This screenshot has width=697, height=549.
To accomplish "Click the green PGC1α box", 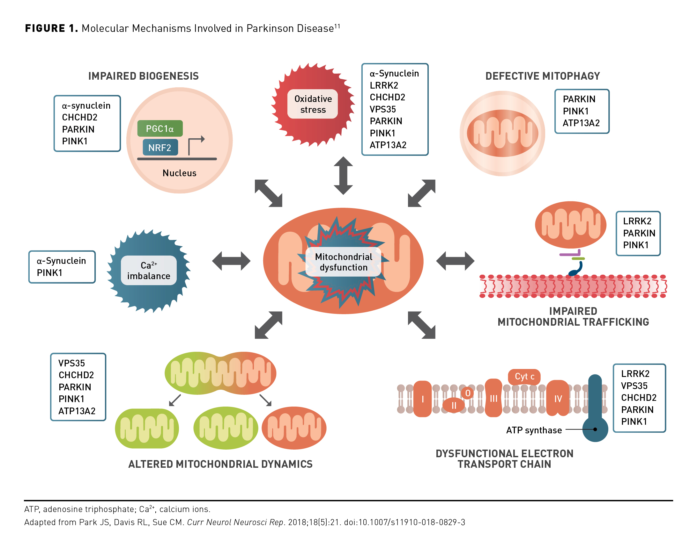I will click(x=160, y=129).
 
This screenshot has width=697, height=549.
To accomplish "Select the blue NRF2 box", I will click(x=160, y=148).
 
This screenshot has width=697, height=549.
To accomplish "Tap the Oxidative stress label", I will click(x=313, y=104).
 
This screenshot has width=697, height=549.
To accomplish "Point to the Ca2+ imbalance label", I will click(x=149, y=271).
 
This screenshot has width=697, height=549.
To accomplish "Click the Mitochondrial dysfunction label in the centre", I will click(x=343, y=262).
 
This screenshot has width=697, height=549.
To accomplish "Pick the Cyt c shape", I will click(x=524, y=377).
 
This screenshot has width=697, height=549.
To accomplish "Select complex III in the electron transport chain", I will click(x=493, y=399).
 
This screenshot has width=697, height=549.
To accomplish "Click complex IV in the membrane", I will click(x=558, y=399).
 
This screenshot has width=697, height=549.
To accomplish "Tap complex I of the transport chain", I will click(x=423, y=399).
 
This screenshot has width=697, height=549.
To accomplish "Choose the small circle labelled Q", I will click(x=468, y=393).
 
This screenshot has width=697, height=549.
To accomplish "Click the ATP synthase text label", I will click(x=534, y=430).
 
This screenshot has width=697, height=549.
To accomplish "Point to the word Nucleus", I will click(x=180, y=173).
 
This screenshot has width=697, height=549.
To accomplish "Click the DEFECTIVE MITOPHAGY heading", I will click(x=543, y=76).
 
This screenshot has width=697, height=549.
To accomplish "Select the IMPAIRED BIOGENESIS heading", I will click(x=144, y=76).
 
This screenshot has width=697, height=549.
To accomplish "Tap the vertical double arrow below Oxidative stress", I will click(x=343, y=176).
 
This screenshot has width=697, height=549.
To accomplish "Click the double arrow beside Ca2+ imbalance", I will click(x=231, y=261).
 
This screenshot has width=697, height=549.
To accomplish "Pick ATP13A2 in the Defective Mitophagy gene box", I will click(x=581, y=123).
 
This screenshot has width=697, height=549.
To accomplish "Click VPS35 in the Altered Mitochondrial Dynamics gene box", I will click(x=72, y=363).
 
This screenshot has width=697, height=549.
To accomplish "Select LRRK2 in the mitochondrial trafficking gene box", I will click(x=637, y=221).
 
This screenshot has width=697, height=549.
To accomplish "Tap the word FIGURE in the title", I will click(x=45, y=28).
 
